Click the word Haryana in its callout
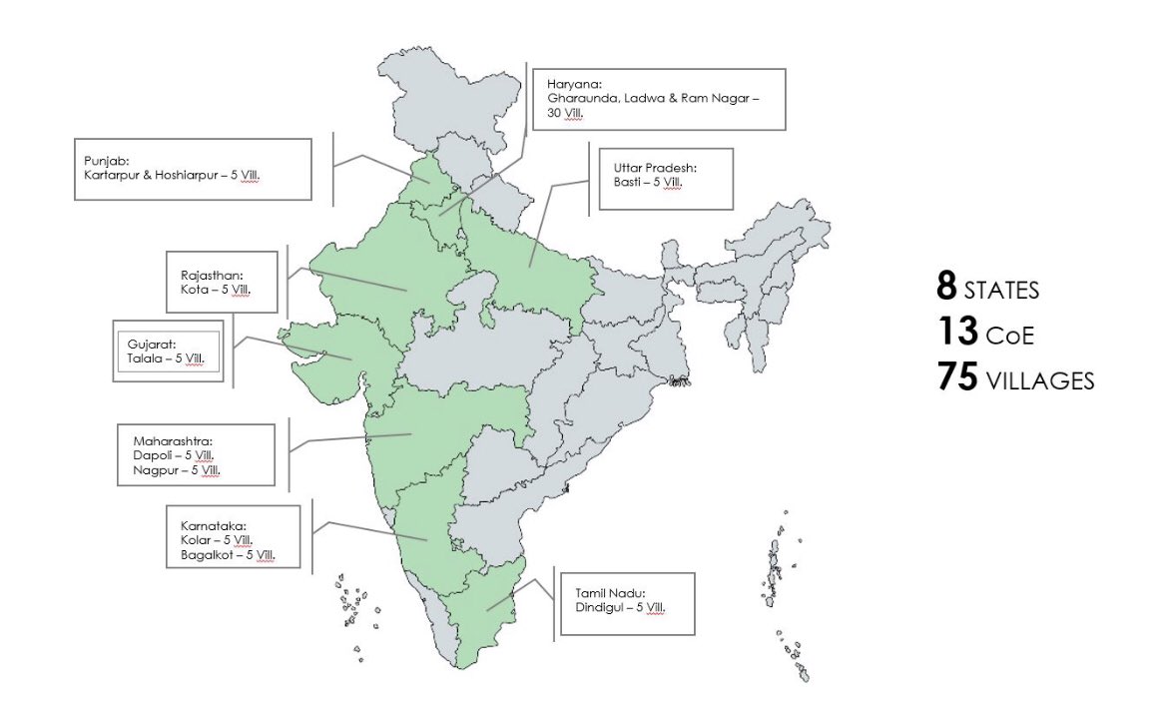point(570,83)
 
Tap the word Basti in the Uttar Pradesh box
point(628,182)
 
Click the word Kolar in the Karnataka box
point(182,539)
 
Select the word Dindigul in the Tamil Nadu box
point(601,605)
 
